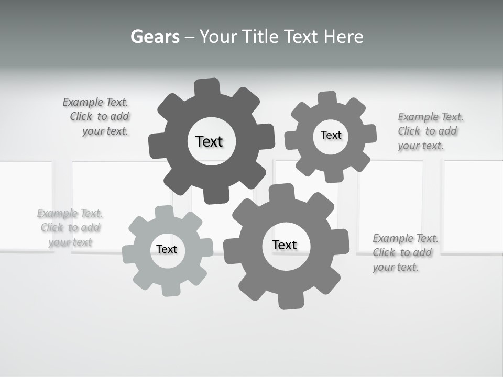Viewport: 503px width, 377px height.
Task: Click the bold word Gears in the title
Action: [x=155, y=37]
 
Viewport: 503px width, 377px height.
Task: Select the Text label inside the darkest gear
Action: [x=209, y=141]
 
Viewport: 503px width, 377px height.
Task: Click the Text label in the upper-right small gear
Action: [x=331, y=135]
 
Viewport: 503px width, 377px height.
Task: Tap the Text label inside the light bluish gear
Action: [x=167, y=249]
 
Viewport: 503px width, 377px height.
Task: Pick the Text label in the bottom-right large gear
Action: [x=285, y=245]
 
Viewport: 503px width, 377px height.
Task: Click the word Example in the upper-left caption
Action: [x=83, y=102]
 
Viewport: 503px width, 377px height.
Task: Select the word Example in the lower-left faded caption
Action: [x=58, y=213]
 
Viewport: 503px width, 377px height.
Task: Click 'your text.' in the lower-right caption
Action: [x=396, y=267]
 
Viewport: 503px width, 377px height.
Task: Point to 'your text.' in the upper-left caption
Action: [x=105, y=131]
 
